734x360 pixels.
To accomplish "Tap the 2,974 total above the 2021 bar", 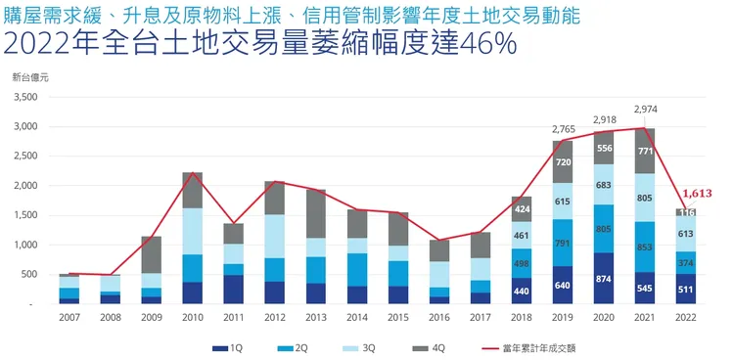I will [646, 109].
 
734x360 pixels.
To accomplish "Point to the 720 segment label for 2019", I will [563, 162].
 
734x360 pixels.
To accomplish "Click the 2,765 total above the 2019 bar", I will [563, 128].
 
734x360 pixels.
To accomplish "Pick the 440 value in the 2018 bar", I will [522, 292].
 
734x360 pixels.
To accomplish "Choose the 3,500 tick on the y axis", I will [24, 98].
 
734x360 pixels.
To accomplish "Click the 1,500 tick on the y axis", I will [24, 215].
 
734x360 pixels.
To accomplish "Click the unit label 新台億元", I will [29, 76].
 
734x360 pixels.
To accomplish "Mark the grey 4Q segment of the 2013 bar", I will [315, 213].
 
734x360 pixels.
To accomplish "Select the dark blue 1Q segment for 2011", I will [233, 290].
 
